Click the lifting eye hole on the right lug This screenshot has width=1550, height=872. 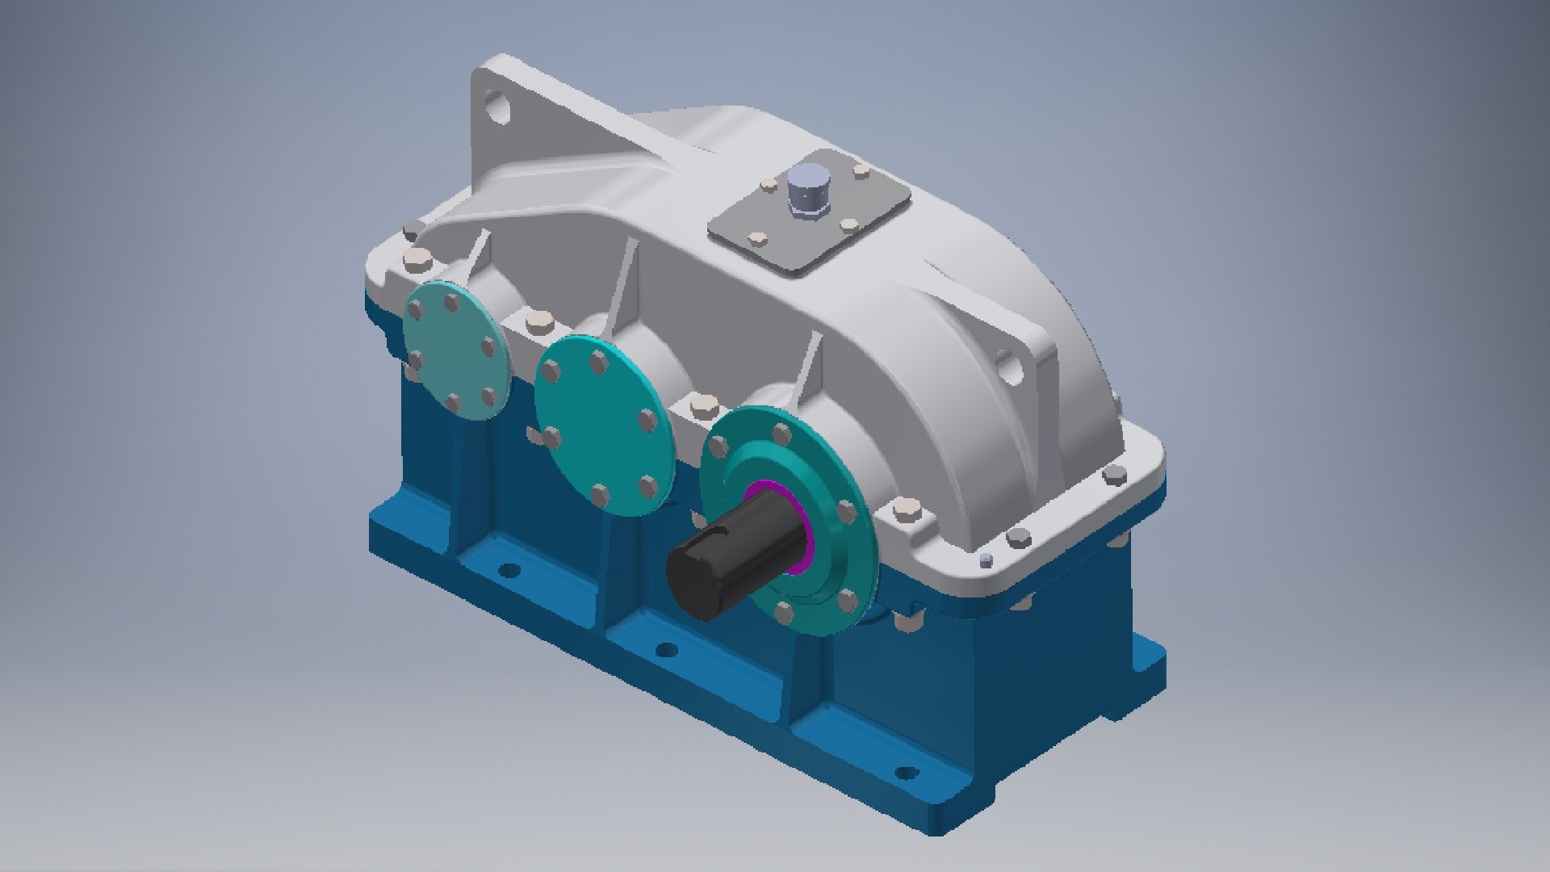click(x=1010, y=367)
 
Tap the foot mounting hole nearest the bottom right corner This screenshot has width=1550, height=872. click(x=907, y=773)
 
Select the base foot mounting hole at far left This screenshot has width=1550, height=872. click(x=509, y=571)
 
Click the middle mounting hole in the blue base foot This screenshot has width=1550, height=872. click(x=665, y=649)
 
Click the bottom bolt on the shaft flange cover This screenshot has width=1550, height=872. click(x=782, y=613)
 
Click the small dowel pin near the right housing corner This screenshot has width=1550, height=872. click(x=985, y=559)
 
